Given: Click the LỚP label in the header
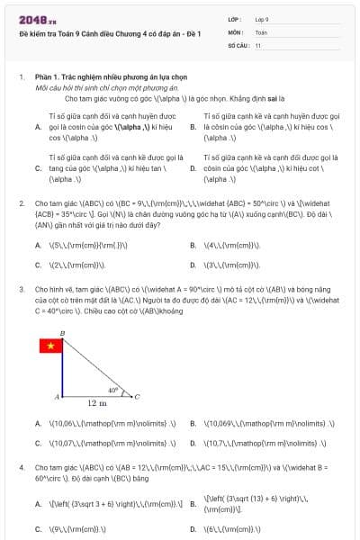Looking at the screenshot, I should pos(235,19).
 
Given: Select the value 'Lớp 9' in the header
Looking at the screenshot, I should pos(262,19).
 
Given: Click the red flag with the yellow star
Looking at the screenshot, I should pos(49,346).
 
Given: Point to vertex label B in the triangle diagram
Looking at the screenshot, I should pos(62,333).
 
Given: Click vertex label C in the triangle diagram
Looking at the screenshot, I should pos(136,396).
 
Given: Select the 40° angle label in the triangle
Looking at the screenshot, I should pos(112,390).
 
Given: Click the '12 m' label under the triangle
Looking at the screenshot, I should pos(97,404).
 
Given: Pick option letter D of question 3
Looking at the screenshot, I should pos(193,443).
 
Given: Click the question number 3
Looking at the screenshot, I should pos(22,289).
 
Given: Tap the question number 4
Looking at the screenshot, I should pos(22,468).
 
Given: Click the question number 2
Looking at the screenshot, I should pos(22,203).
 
